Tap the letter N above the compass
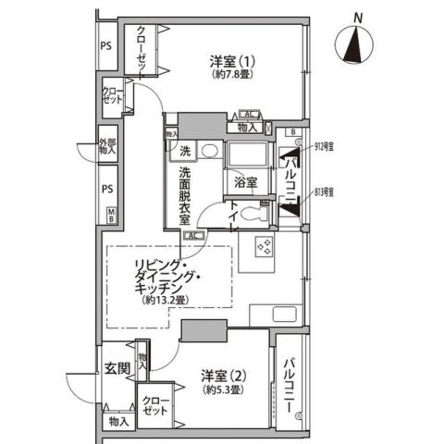click(357, 16)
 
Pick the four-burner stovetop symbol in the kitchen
click(262, 247)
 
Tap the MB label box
click(111, 217)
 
